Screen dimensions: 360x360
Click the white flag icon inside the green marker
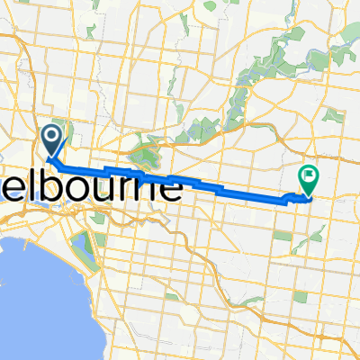click(309, 176)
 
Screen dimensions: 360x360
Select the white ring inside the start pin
click(50, 138)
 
